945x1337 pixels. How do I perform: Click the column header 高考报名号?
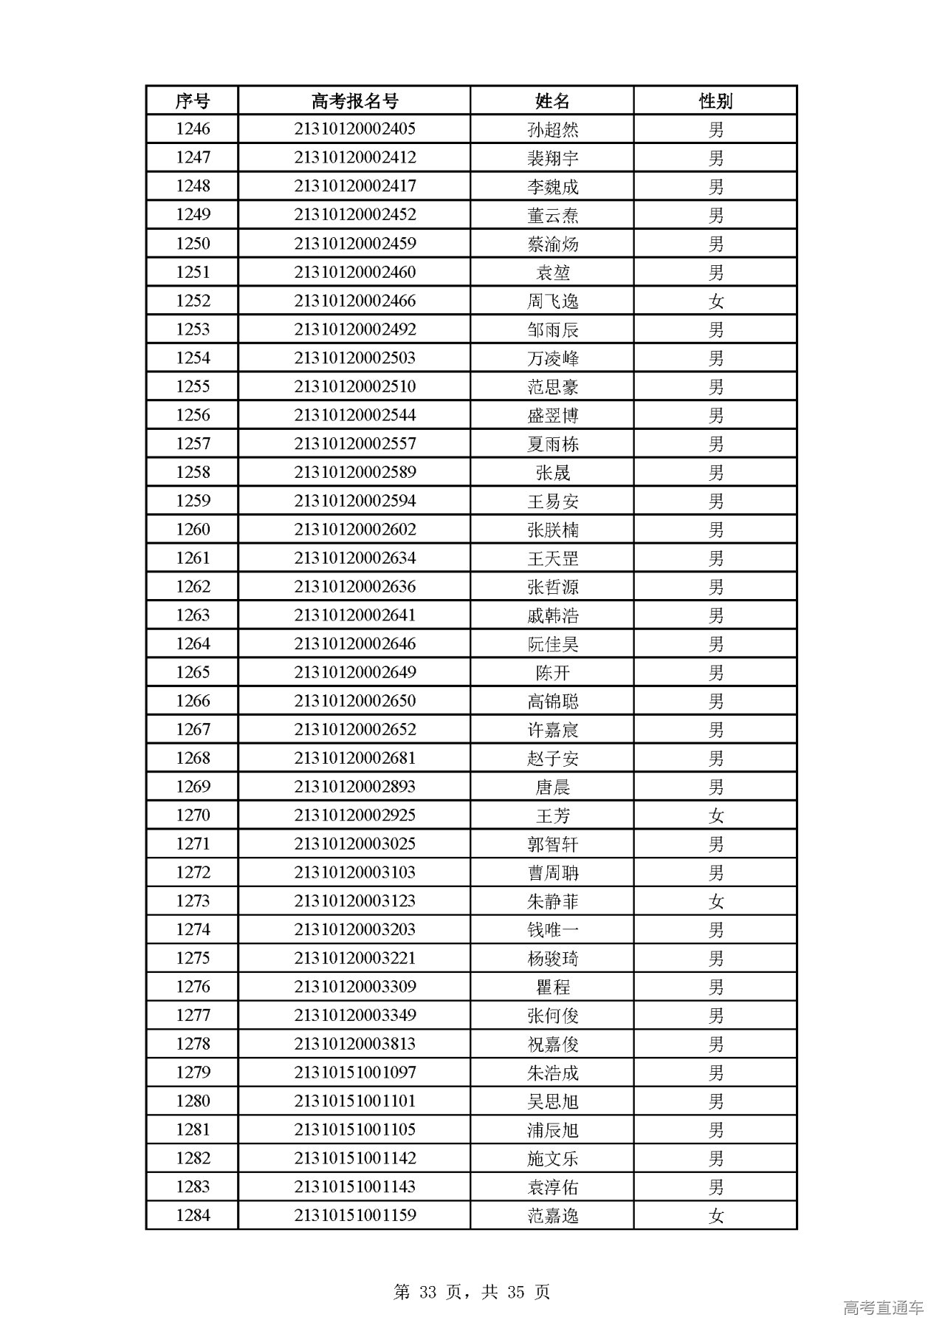pyautogui.click(x=354, y=100)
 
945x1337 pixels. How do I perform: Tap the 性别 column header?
pyautogui.click(x=715, y=100)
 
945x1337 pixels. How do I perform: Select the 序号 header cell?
pyautogui.click(x=193, y=100)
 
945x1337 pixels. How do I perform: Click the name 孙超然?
pyautogui.click(x=552, y=129)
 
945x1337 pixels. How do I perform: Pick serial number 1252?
pyautogui.click(x=193, y=301)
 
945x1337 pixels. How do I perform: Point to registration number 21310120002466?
pyautogui.click(x=354, y=301)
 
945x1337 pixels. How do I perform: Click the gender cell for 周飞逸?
pyautogui.click(x=715, y=301)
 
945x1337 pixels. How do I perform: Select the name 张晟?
pyautogui.click(x=552, y=473)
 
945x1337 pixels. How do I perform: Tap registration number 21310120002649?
pyautogui.click(x=354, y=673)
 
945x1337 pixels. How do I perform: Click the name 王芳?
pyautogui.click(x=552, y=815)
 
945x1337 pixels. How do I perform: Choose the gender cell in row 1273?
pyautogui.click(x=715, y=901)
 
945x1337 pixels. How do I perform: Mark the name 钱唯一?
pyautogui.click(x=552, y=930)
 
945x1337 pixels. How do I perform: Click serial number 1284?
pyautogui.click(x=193, y=1216)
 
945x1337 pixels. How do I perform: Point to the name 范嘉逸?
pyautogui.click(x=552, y=1216)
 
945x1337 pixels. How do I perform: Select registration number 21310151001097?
pyautogui.click(x=354, y=1073)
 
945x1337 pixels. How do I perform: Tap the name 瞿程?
pyautogui.click(x=552, y=987)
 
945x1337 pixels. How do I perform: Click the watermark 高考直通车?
pyautogui.click(x=883, y=1307)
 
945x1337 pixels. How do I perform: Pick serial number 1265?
pyautogui.click(x=193, y=673)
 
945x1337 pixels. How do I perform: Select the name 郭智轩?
pyautogui.click(x=552, y=844)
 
